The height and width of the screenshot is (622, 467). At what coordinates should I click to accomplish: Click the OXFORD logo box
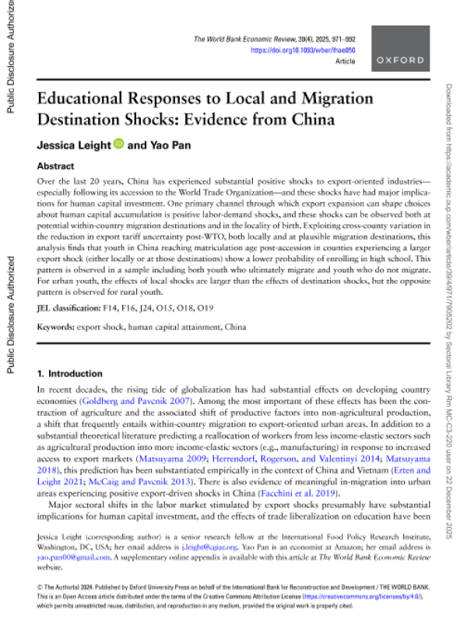tap(400, 48)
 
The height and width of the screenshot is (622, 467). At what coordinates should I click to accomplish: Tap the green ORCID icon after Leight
tap(119, 144)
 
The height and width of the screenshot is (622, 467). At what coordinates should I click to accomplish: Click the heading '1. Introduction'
tap(71, 373)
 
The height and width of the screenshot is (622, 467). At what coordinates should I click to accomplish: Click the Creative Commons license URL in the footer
tap(307, 596)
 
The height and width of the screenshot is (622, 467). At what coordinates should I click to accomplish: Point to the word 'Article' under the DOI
tap(345, 61)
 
